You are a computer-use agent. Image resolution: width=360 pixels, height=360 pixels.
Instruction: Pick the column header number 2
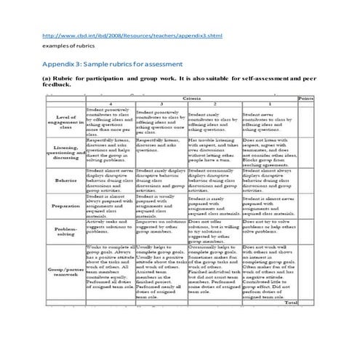(214, 105)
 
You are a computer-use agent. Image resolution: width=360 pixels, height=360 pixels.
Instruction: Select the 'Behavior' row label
(65, 180)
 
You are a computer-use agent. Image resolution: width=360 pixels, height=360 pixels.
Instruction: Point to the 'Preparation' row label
(65, 207)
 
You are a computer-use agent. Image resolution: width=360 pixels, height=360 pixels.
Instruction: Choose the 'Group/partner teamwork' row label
(65, 272)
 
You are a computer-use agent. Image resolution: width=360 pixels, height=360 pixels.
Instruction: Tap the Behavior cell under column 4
(110, 180)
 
